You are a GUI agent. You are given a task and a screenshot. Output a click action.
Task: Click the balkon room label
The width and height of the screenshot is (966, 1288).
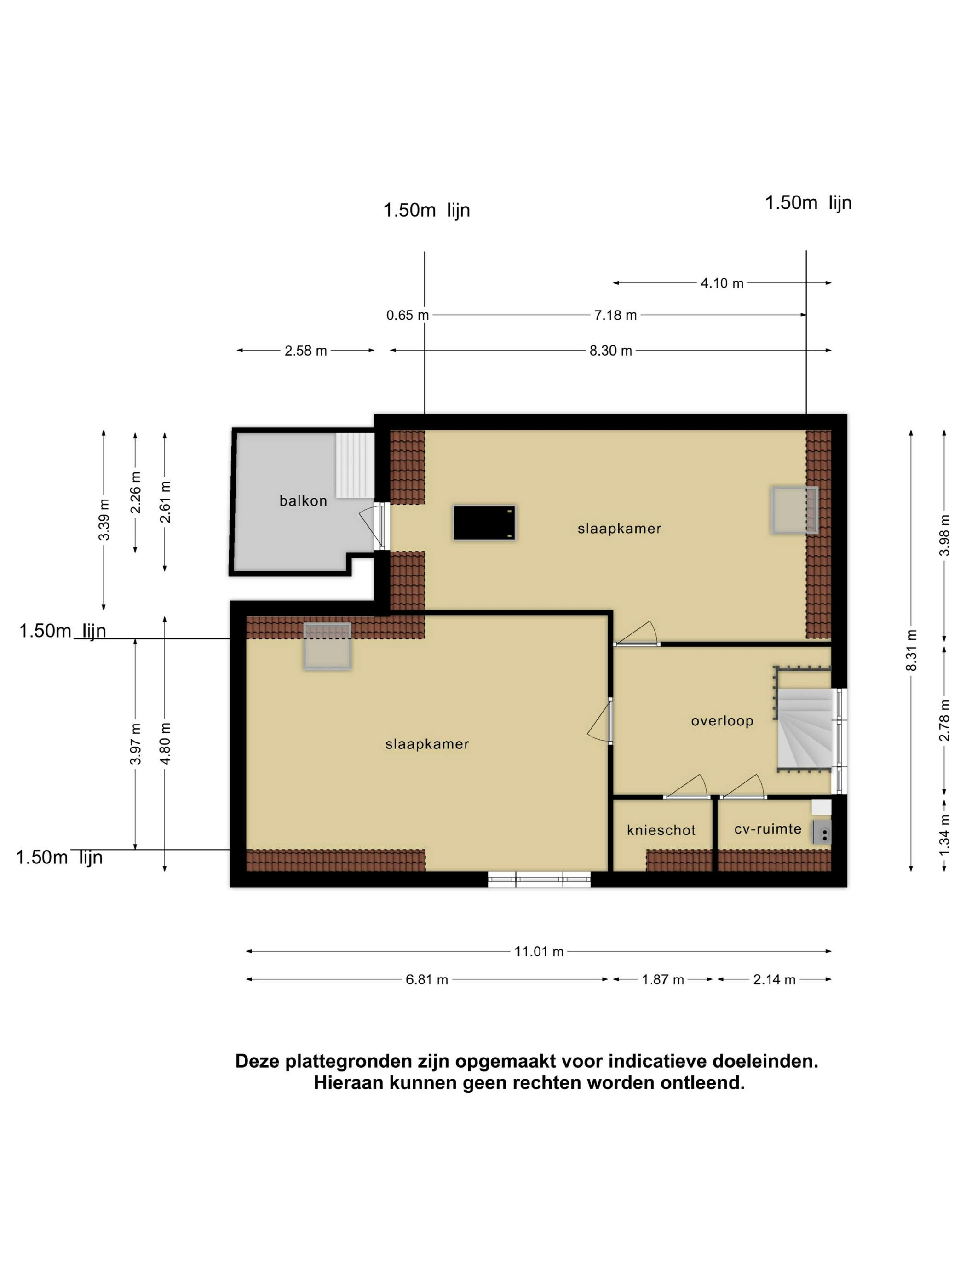[x=303, y=501]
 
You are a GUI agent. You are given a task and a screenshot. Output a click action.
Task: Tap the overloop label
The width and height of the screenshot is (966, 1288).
[x=722, y=721]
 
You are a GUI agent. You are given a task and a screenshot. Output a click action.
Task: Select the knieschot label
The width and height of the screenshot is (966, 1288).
[x=661, y=830]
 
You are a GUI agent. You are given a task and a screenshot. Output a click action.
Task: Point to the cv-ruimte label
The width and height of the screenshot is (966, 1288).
[x=767, y=829]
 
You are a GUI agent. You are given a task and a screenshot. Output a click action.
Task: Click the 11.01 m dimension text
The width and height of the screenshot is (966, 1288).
[x=539, y=951]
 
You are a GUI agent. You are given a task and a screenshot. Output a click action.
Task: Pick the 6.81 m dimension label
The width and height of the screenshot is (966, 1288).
[x=427, y=979]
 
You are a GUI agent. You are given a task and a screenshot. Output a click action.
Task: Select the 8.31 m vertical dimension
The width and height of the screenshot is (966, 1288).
[x=911, y=650]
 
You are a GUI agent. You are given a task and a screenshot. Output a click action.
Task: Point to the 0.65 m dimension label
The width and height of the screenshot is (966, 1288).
[x=407, y=315]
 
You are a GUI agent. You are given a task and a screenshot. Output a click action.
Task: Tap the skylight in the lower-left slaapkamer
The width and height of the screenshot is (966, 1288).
[x=327, y=646]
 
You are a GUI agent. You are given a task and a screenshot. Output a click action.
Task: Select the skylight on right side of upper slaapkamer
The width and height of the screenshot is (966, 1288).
[x=794, y=510]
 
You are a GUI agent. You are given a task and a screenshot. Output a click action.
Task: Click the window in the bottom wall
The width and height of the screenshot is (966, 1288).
[x=539, y=879]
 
